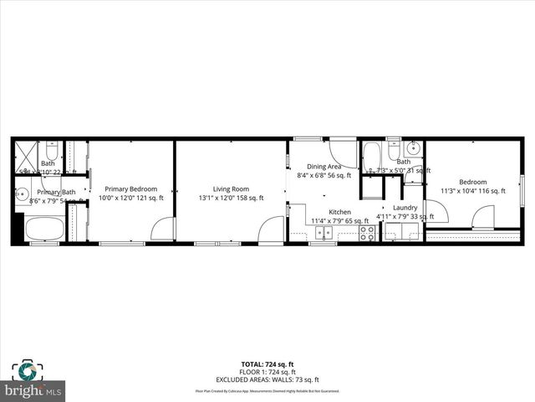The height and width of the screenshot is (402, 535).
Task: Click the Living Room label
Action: click(x=230, y=189)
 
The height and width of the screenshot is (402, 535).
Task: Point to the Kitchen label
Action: click(x=339, y=212)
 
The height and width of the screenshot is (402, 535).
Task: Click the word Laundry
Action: click(x=405, y=208)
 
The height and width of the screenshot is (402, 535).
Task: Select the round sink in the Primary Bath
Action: click(x=23, y=194)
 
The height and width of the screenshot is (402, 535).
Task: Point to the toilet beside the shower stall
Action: click(x=51, y=152)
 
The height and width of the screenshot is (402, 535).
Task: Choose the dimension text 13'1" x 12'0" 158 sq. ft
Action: click(x=231, y=198)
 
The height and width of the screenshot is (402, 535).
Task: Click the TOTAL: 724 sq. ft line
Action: click(x=267, y=363)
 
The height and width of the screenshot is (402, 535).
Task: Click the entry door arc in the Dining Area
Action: click(x=343, y=152)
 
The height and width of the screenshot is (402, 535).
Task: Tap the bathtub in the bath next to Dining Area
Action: click(x=372, y=156)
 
